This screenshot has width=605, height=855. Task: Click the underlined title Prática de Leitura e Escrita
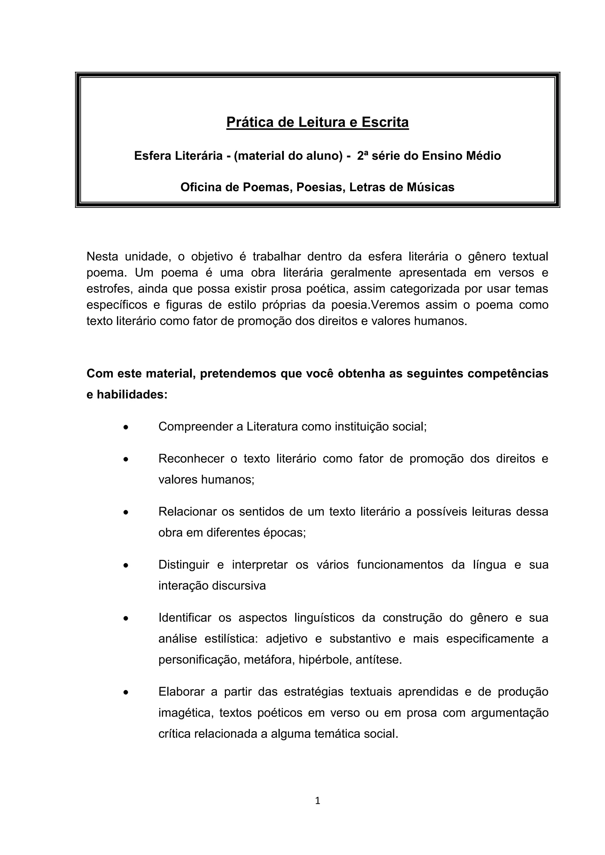pyautogui.click(x=317, y=122)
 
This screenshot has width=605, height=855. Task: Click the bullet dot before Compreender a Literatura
pyautogui.click(x=126, y=427)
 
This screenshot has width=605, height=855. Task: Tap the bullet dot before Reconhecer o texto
pyautogui.click(x=126, y=459)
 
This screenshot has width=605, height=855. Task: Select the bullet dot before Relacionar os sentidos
pyautogui.click(x=126, y=513)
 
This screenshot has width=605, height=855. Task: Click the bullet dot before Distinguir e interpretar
pyautogui.click(x=126, y=566)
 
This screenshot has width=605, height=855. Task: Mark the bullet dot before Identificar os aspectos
pyautogui.click(x=126, y=619)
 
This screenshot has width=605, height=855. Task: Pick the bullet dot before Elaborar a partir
pyautogui.click(x=126, y=693)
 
